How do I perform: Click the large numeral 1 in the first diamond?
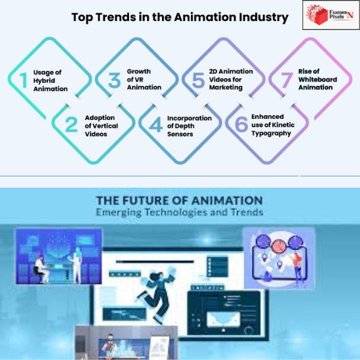point(24,80)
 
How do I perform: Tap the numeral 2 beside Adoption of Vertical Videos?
point(71,124)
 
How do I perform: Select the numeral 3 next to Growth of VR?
point(115,80)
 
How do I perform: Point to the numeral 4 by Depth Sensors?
point(156,124)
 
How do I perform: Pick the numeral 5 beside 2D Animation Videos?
point(199,80)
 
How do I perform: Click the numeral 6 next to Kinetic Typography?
point(242,124)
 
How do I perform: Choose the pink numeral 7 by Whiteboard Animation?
point(287,80)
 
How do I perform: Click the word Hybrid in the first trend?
point(44,81)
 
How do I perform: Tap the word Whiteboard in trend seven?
point(317,79)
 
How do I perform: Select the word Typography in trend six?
point(271,134)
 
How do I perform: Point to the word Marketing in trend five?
point(226,88)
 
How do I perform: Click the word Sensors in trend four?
point(180,134)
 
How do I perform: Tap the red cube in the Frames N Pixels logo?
point(320,16)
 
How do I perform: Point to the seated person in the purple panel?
point(41,269)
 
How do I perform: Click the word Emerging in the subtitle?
point(118,212)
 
